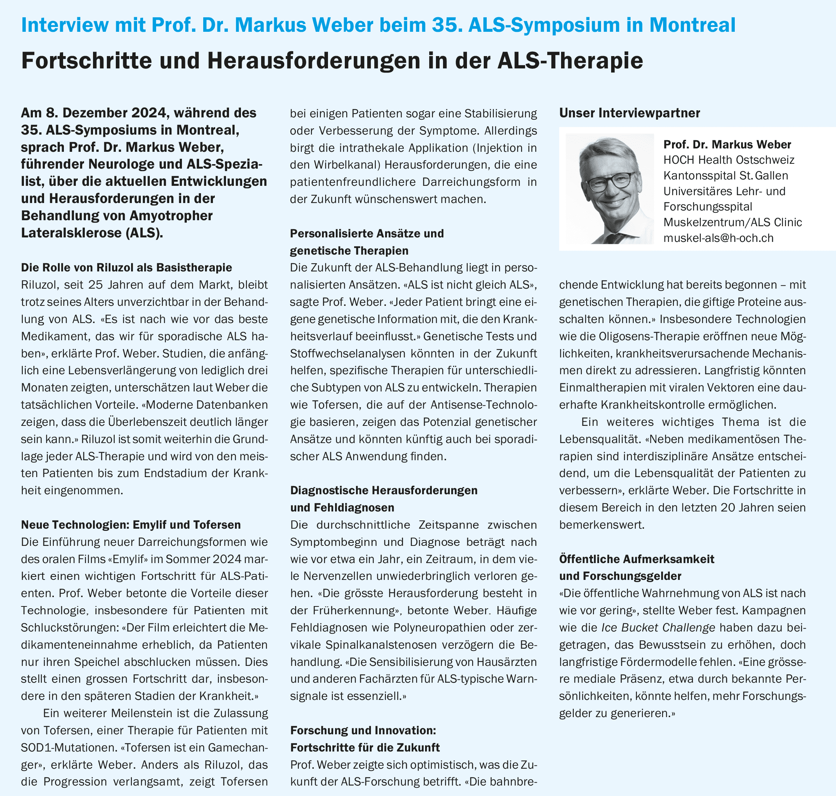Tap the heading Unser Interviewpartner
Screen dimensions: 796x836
[x=629, y=113]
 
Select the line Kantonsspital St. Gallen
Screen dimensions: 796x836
[x=726, y=175]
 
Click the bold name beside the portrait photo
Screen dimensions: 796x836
[x=727, y=144]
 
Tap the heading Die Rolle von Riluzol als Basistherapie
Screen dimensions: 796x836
[x=127, y=267]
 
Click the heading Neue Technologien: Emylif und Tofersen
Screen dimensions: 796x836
[x=131, y=525]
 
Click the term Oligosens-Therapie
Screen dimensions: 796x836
[x=647, y=336]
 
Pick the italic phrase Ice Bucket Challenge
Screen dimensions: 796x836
[x=658, y=627]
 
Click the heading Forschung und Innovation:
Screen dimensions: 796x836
[x=363, y=730]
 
